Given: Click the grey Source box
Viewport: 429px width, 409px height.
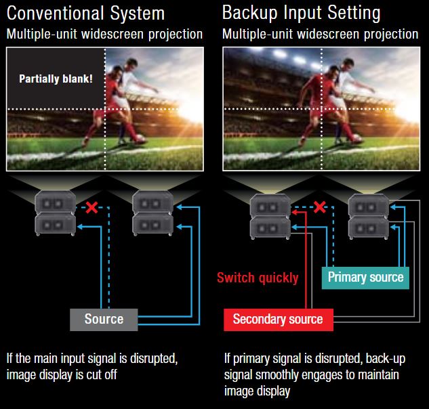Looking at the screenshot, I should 104,319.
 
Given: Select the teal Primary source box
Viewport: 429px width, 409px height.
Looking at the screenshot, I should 365,277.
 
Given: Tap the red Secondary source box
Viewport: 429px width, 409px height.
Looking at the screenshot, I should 278,319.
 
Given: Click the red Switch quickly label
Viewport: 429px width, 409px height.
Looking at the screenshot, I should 258,278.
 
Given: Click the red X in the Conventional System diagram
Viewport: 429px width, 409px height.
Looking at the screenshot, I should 89,207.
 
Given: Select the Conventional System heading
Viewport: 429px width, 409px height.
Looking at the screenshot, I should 85,13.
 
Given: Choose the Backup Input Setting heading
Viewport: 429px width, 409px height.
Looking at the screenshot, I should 301,13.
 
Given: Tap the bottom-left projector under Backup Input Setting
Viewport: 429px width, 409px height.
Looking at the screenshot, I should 270,226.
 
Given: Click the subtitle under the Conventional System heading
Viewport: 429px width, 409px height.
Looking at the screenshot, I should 104,34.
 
